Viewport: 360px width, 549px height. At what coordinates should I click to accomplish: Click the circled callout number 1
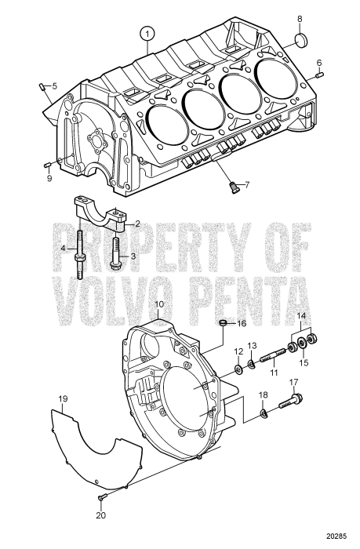point(146,33)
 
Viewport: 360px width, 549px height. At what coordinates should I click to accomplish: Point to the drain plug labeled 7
point(233,186)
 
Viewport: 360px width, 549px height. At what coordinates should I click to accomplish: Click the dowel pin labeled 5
point(41,86)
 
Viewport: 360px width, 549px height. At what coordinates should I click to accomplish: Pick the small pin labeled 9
point(48,163)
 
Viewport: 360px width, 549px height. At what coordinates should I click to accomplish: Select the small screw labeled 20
point(101,498)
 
